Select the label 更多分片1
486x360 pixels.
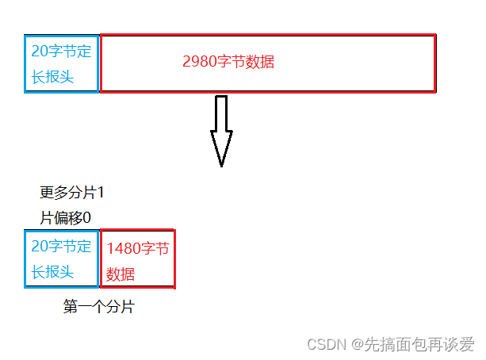72,193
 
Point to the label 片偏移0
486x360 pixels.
66,217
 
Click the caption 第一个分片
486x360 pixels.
98,307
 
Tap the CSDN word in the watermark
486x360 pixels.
323,344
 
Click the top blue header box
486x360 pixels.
62,63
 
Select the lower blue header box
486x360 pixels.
62,259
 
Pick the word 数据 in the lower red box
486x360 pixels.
121,274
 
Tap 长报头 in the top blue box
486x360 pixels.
52,76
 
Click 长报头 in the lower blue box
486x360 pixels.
52,272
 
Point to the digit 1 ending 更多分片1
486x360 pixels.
101,193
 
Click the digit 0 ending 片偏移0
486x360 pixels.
87,217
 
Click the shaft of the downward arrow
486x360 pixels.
221,113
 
